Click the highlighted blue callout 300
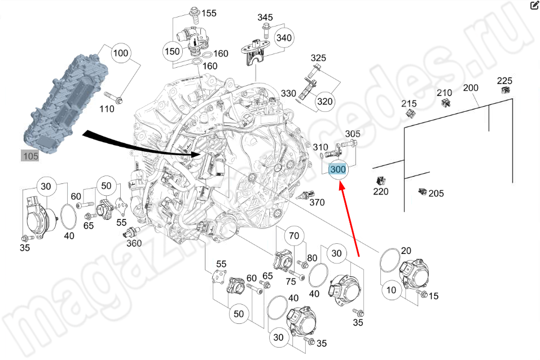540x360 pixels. [x=339, y=169]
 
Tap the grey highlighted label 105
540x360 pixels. [x=30, y=156]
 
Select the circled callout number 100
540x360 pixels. [x=121, y=54]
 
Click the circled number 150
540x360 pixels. [x=172, y=51]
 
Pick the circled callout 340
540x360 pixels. [x=284, y=38]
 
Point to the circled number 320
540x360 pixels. [x=324, y=102]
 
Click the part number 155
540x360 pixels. [x=209, y=13]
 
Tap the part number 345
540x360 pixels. [x=265, y=17]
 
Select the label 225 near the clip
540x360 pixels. [x=504, y=80]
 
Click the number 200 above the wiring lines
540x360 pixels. [x=470, y=88]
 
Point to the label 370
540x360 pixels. [x=317, y=202]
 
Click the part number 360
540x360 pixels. [x=134, y=243]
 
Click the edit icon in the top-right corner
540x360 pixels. [x=534, y=6]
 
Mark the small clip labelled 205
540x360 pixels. [x=421, y=192]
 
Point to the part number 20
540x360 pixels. [x=406, y=251]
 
